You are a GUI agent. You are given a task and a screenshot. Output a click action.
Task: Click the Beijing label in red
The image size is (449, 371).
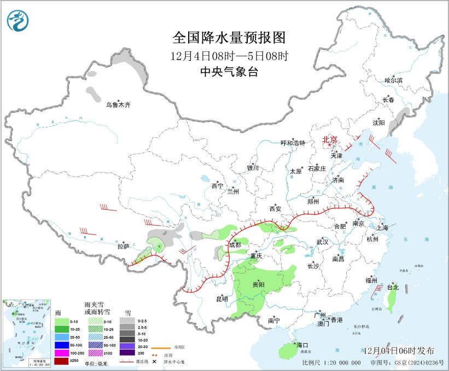click(330, 139)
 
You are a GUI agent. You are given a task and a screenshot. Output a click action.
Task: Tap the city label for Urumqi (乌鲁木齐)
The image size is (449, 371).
click(119, 104)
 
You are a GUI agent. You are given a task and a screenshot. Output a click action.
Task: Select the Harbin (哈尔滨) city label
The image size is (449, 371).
click(393, 80)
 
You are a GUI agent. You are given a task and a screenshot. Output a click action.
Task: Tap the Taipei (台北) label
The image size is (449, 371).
click(393, 287)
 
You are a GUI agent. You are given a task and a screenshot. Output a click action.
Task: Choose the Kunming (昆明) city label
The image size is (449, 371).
click(221, 299)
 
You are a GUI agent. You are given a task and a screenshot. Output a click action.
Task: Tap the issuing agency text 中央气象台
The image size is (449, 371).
click(229, 72)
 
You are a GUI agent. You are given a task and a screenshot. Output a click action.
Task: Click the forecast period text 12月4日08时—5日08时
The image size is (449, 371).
click(229, 56)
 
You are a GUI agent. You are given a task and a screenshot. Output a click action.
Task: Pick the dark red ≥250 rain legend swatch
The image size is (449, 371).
click(62, 361)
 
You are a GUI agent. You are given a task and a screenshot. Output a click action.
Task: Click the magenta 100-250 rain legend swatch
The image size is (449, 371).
click(62, 353)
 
